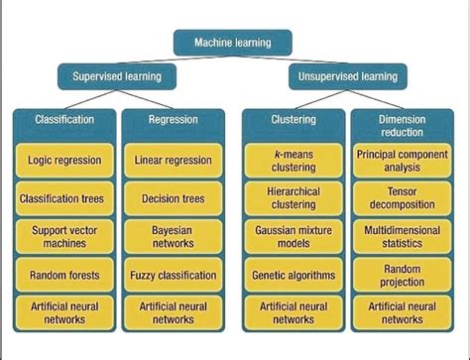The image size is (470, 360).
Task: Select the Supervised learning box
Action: pyautogui.click(x=117, y=76)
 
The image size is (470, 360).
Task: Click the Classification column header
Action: pyautogui.click(x=64, y=119)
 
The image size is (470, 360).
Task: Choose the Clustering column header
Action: pyautogui.click(x=294, y=119)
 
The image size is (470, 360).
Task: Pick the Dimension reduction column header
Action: pyautogui.click(x=401, y=125)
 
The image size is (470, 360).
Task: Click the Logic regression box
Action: pyautogui.click(x=64, y=159)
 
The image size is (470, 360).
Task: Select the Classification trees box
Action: pyautogui.click(x=64, y=198)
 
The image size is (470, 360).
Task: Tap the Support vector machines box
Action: pyautogui.click(x=64, y=236)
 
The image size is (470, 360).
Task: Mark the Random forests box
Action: pyautogui.click(x=64, y=275)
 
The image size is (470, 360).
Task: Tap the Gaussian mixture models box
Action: pyautogui.click(x=294, y=236)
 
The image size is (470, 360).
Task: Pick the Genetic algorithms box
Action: pyautogui.click(x=294, y=275)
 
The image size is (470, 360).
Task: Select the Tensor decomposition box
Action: pyautogui.click(x=401, y=198)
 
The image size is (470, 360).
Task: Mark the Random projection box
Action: pyautogui.click(x=401, y=275)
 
